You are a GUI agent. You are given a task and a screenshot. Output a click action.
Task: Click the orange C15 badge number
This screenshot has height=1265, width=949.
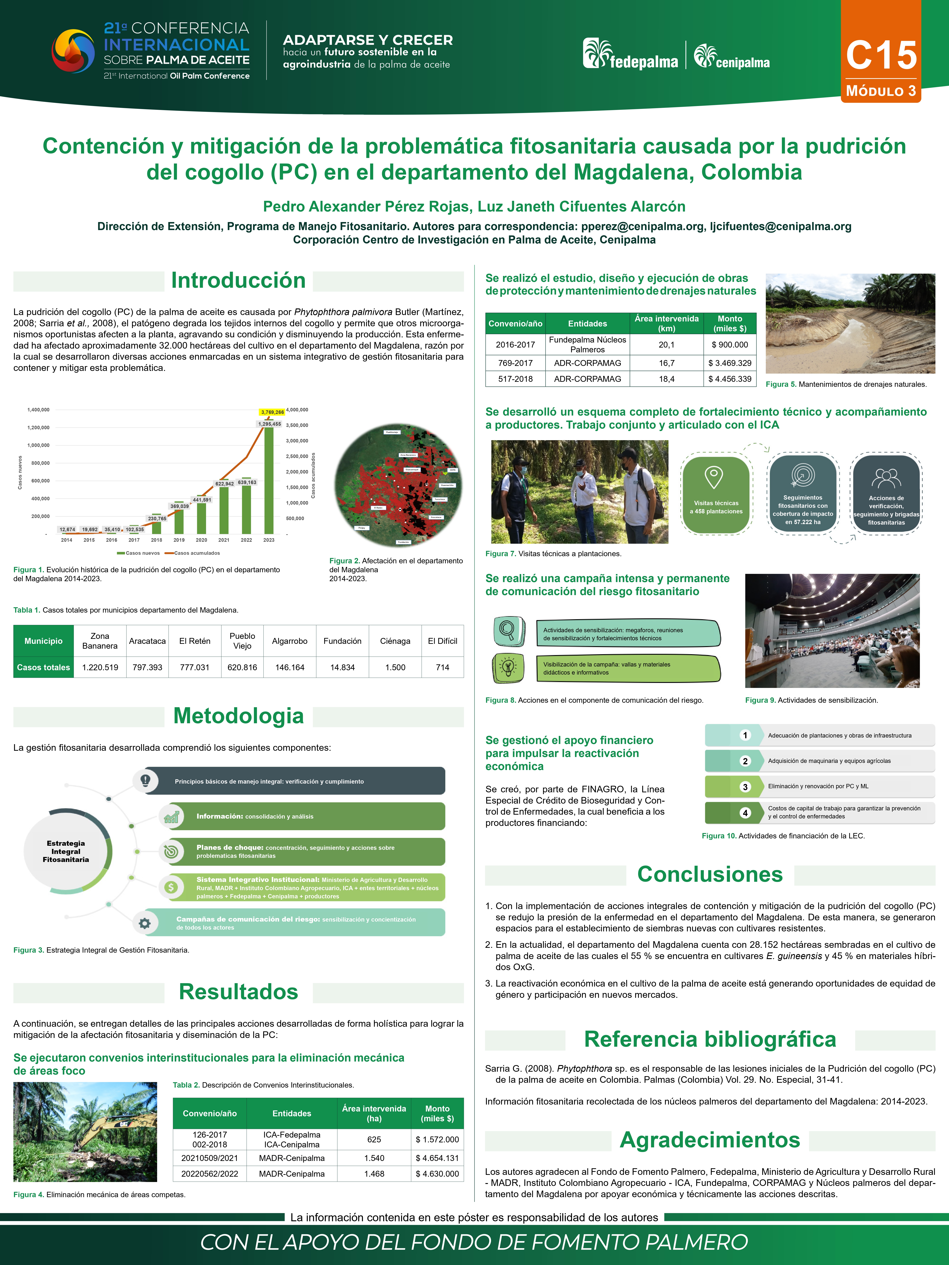point(881,56)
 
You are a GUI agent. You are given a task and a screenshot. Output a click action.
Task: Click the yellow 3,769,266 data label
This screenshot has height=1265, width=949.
point(272,412)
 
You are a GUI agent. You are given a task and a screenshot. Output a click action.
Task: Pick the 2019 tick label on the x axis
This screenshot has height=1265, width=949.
point(179,540)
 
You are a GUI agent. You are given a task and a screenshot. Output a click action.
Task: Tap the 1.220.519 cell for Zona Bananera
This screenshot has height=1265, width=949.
point(100,667)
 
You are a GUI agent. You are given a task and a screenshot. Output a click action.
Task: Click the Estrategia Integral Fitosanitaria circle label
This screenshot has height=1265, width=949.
point(66,852)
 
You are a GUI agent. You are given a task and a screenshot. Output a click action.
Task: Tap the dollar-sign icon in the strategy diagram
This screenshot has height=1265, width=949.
point(171,887)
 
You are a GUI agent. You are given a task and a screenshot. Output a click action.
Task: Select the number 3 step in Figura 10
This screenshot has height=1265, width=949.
point(745,787)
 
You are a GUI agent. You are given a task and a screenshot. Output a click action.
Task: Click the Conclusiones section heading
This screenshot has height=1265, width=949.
point(710,874)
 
